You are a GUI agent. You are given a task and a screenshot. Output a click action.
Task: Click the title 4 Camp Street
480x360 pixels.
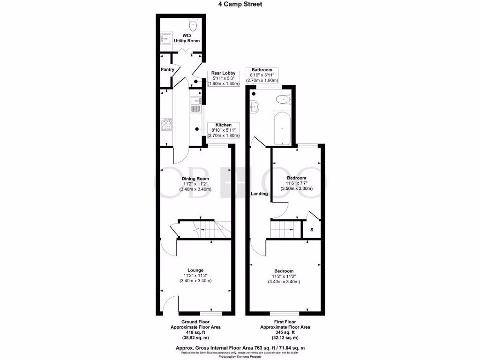click(x=240, y=4)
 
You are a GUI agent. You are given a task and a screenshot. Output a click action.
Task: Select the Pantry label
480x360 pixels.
click(x=167, y=70)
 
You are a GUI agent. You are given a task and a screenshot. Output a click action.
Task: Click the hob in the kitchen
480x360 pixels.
click(x=166, y=125)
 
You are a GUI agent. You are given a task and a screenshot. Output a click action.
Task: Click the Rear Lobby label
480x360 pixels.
click(x=223, y=73)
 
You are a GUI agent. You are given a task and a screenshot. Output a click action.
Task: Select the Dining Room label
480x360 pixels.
click(x=195, y=179)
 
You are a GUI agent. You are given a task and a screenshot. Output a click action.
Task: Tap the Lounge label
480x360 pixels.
click(x=195, y=270)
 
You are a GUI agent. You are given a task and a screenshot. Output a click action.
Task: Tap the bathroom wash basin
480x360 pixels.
click(x=255, y=107)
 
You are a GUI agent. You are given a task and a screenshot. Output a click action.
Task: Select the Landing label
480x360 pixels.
click(x=259, y=194)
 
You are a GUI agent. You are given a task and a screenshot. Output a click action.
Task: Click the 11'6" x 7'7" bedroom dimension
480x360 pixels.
click(x=296, y=183)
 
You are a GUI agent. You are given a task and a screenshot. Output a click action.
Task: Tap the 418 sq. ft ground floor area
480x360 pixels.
click(x=195, y=332)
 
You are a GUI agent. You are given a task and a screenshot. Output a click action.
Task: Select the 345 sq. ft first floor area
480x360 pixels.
click(x=285, y=332)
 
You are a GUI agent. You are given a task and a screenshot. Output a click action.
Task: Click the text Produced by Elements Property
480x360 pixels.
click(x=240, y=357)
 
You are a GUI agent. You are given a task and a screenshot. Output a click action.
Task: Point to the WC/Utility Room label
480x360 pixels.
click(x=187, y=38)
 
